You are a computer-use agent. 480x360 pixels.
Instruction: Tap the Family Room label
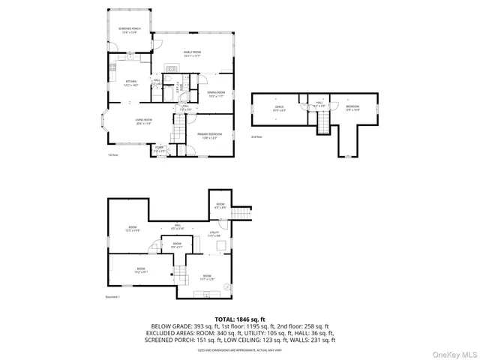[x=192, y=53]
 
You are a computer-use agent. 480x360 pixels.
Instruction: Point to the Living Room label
[x=143, y=121]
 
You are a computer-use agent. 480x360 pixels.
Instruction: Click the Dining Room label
[x=217, y=93]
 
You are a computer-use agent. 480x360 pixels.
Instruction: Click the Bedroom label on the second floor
[x=352, y=107]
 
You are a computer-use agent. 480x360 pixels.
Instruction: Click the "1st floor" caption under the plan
[x=114, y=155]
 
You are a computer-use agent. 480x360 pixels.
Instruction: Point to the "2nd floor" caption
[x=258, y=137]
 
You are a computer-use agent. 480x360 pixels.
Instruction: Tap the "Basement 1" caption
[x=113, y=297]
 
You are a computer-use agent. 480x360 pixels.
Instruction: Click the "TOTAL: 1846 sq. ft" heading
[x=239, y=319]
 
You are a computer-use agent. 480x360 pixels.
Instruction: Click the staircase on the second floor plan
[x=324, y=123]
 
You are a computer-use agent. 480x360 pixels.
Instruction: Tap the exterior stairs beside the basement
[x=239, y=216]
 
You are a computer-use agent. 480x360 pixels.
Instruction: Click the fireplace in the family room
[x=170, y=66]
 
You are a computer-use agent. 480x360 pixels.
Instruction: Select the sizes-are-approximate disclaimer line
[x=239, y=349]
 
